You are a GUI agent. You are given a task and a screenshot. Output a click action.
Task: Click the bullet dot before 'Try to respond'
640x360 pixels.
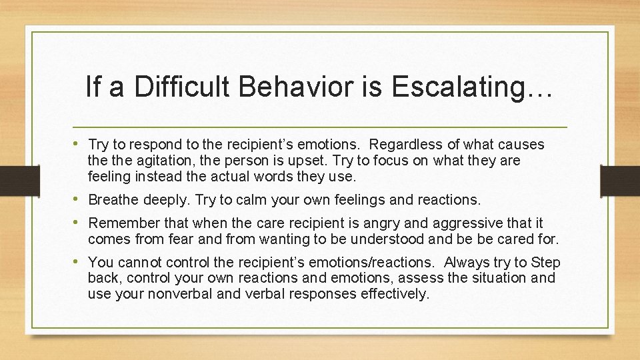coord(79,144)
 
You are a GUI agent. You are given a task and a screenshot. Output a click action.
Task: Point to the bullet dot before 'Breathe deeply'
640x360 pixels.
coord(79,199)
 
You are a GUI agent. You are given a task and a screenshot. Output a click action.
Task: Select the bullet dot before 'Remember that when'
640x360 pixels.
coord(79,222)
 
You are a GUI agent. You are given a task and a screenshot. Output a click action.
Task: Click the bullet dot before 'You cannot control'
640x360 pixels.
coord(79,262)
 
